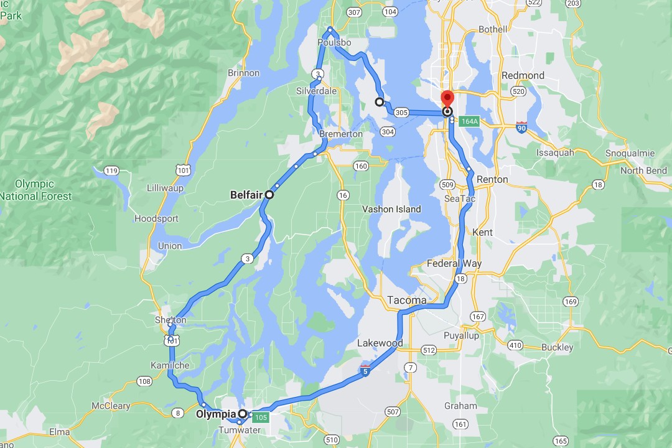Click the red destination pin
coord(447,100)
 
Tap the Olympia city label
coord(216,414)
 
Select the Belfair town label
coord(245,195)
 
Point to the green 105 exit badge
coord(261,417)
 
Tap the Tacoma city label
coord(407,300)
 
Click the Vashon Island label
coord(391,209)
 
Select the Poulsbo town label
coord(334,42)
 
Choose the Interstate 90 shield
coord(522,128)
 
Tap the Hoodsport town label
coord(156,218)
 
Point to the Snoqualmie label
coord(630,153)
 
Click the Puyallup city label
coord(461,335)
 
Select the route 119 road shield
coord(112,171)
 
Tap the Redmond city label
coord(523,75)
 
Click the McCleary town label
coord(111,406)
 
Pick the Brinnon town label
coord(243,73)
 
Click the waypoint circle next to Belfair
coord(269,195)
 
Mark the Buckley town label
coord(557,347)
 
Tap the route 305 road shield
coord(401,113)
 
